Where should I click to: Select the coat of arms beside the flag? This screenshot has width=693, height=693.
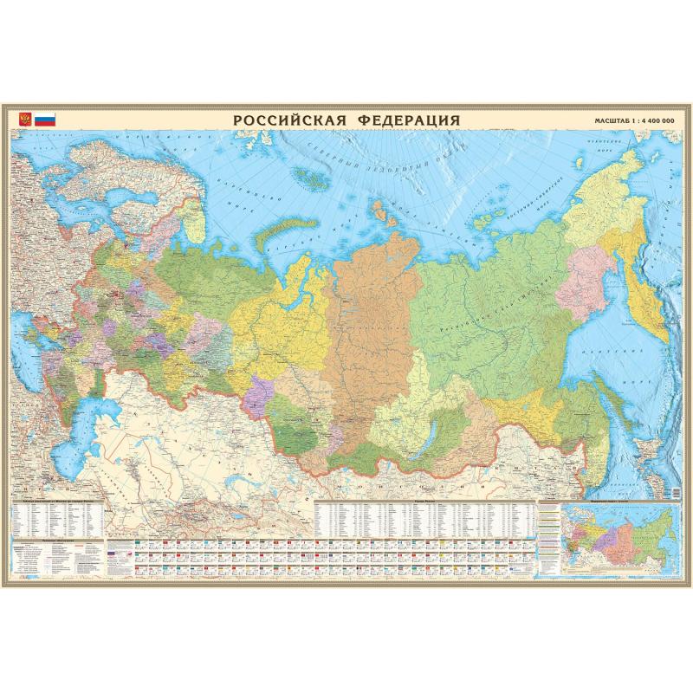[25, 119]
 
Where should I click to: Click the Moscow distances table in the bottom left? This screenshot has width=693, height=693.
[57, 520]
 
